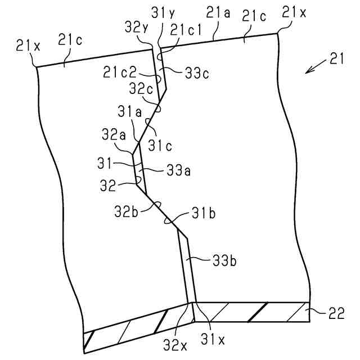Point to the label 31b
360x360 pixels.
coord(204,214)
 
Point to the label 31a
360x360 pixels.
coord(129,112)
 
